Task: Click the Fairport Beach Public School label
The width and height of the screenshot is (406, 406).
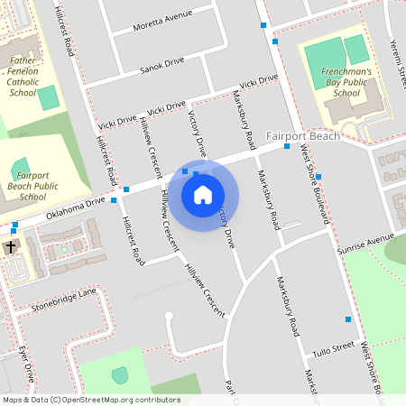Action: tap(32, 185)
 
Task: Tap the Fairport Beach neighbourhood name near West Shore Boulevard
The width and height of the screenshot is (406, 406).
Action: tap(303, 136)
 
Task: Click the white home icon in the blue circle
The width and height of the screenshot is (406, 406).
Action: tap(203, 194)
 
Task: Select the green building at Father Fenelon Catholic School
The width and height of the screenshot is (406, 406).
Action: tap(47, 97)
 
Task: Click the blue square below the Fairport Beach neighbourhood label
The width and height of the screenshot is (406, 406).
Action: tap(286, 146)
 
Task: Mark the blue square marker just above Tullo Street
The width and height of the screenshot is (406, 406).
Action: tap(348, 319)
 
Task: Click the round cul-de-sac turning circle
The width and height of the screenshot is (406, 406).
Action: tap(169, 316)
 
